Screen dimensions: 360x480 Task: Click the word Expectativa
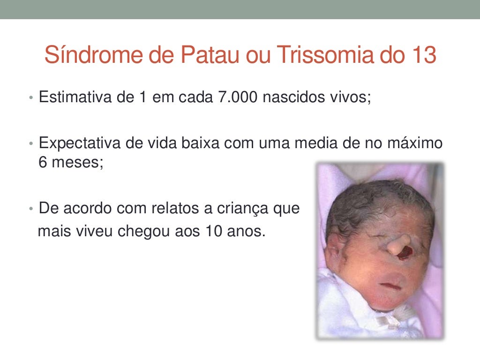click(x=80, y=143)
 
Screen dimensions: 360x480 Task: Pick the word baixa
click(x=201, y=143)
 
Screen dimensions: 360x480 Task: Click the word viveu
click(x=89, y=231)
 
